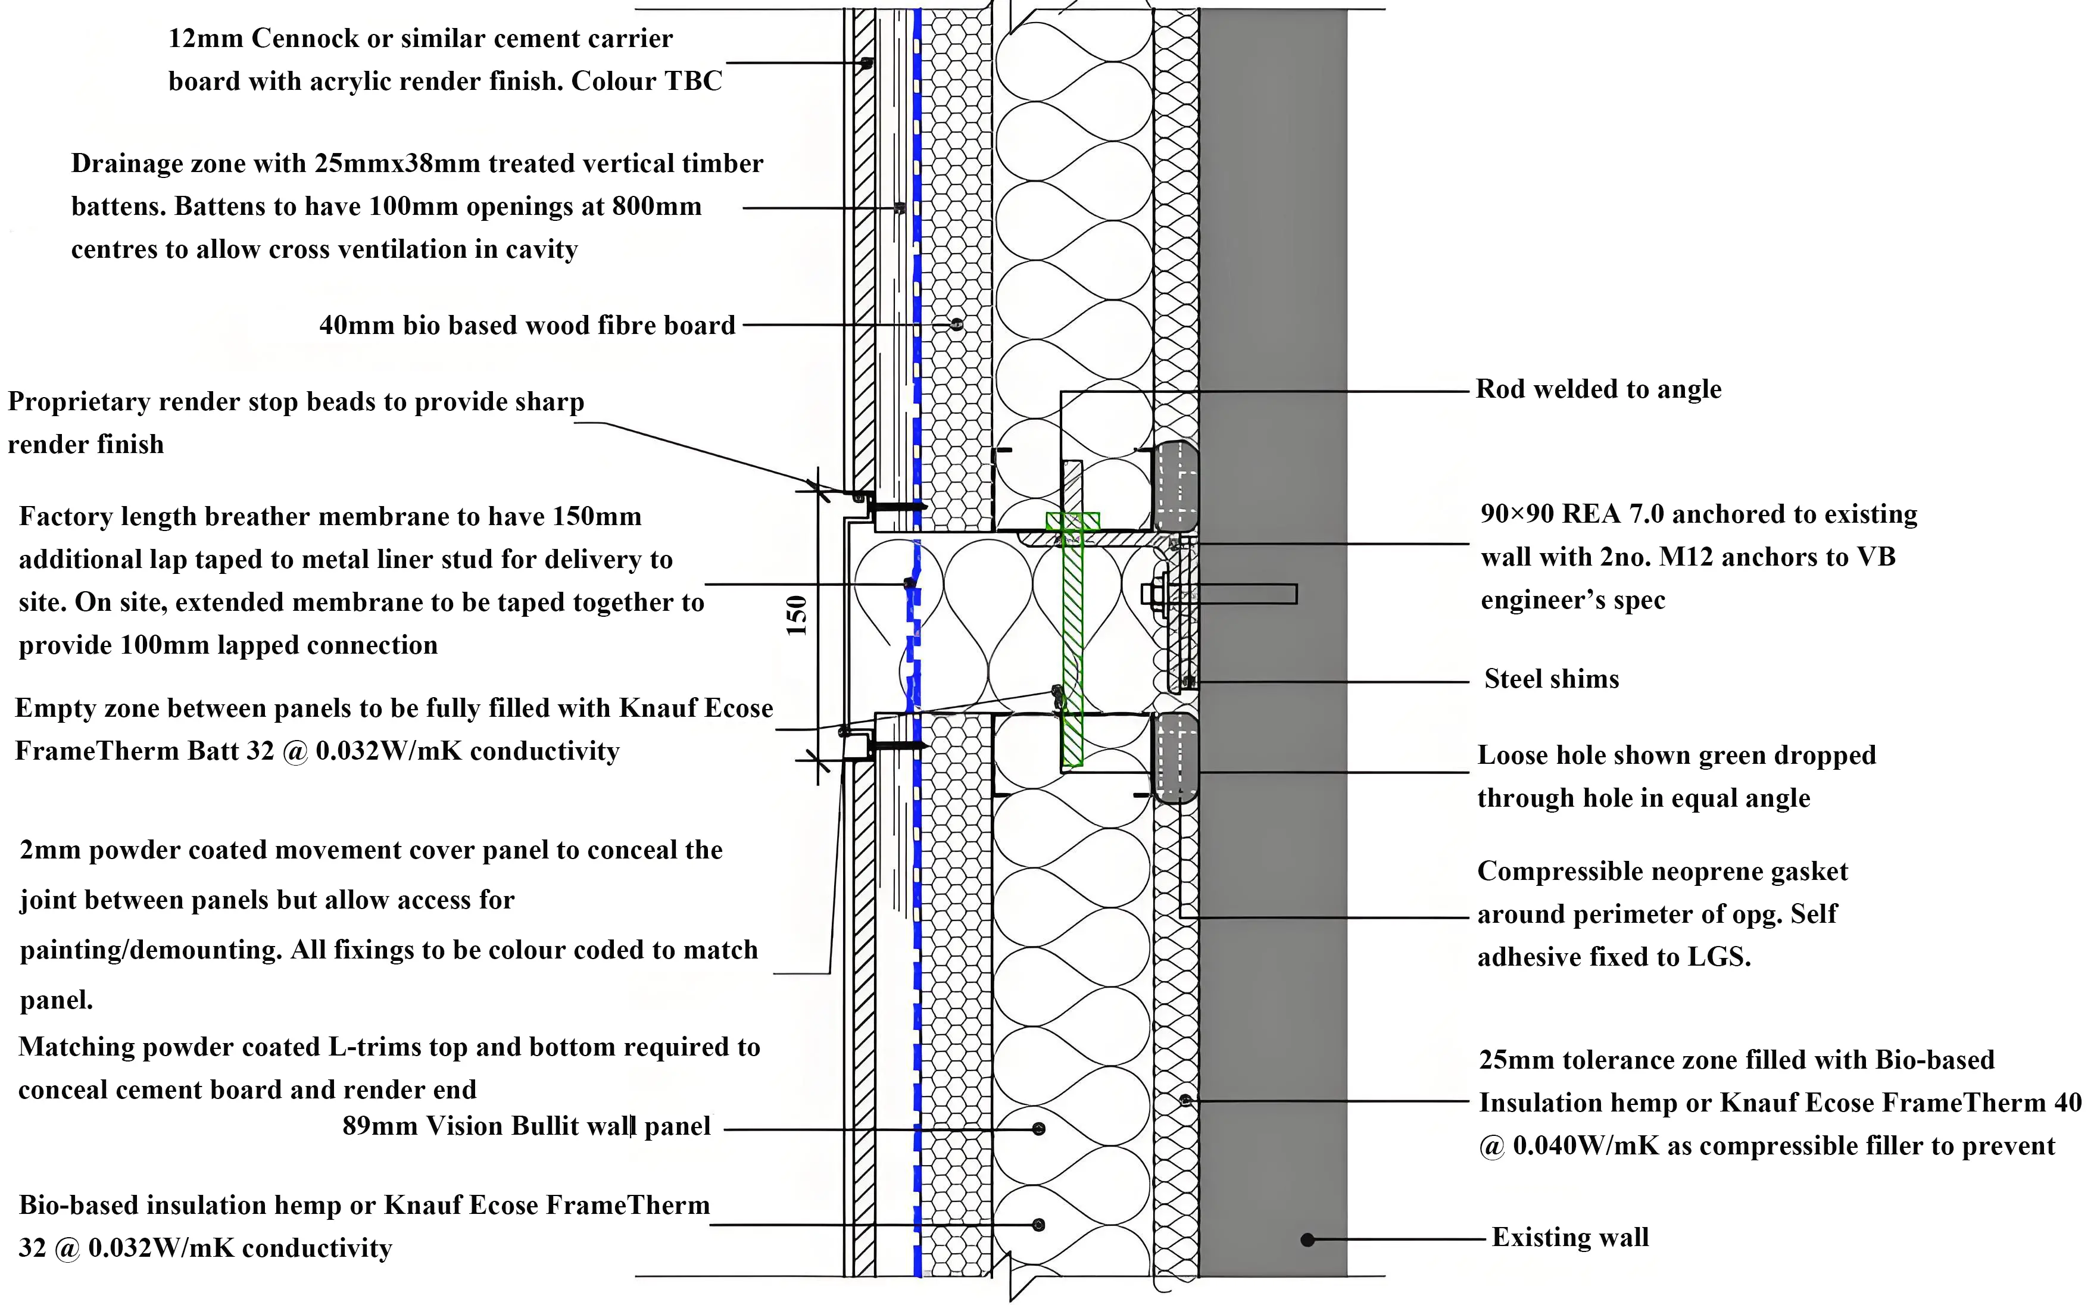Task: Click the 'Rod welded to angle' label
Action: click(x=1597, y=389)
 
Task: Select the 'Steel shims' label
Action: click(x=1551, y=679)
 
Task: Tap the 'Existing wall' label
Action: click(x=1570, y=1238)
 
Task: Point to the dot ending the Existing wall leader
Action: click(x=1307, y=1240)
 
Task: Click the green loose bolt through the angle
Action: click(x=1072, y=639)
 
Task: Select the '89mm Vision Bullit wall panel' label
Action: click(x=526, y=1126)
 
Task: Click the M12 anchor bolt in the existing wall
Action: click(x=1226, y=594)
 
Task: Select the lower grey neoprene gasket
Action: click(x=1176, y=758)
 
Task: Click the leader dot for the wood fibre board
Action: click(x=956, y=324)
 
